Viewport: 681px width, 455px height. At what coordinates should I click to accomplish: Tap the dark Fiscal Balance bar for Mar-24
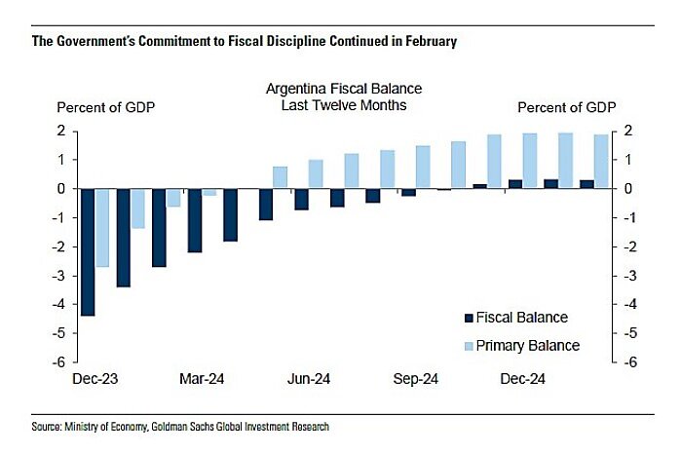click(x=194, y=219)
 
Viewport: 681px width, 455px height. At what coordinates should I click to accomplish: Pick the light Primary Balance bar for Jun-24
click(x=316, y=173)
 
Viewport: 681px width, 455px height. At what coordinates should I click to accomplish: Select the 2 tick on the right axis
click(x=628, y=131)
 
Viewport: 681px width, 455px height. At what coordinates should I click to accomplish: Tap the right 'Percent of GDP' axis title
click(x=564, y=106)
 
